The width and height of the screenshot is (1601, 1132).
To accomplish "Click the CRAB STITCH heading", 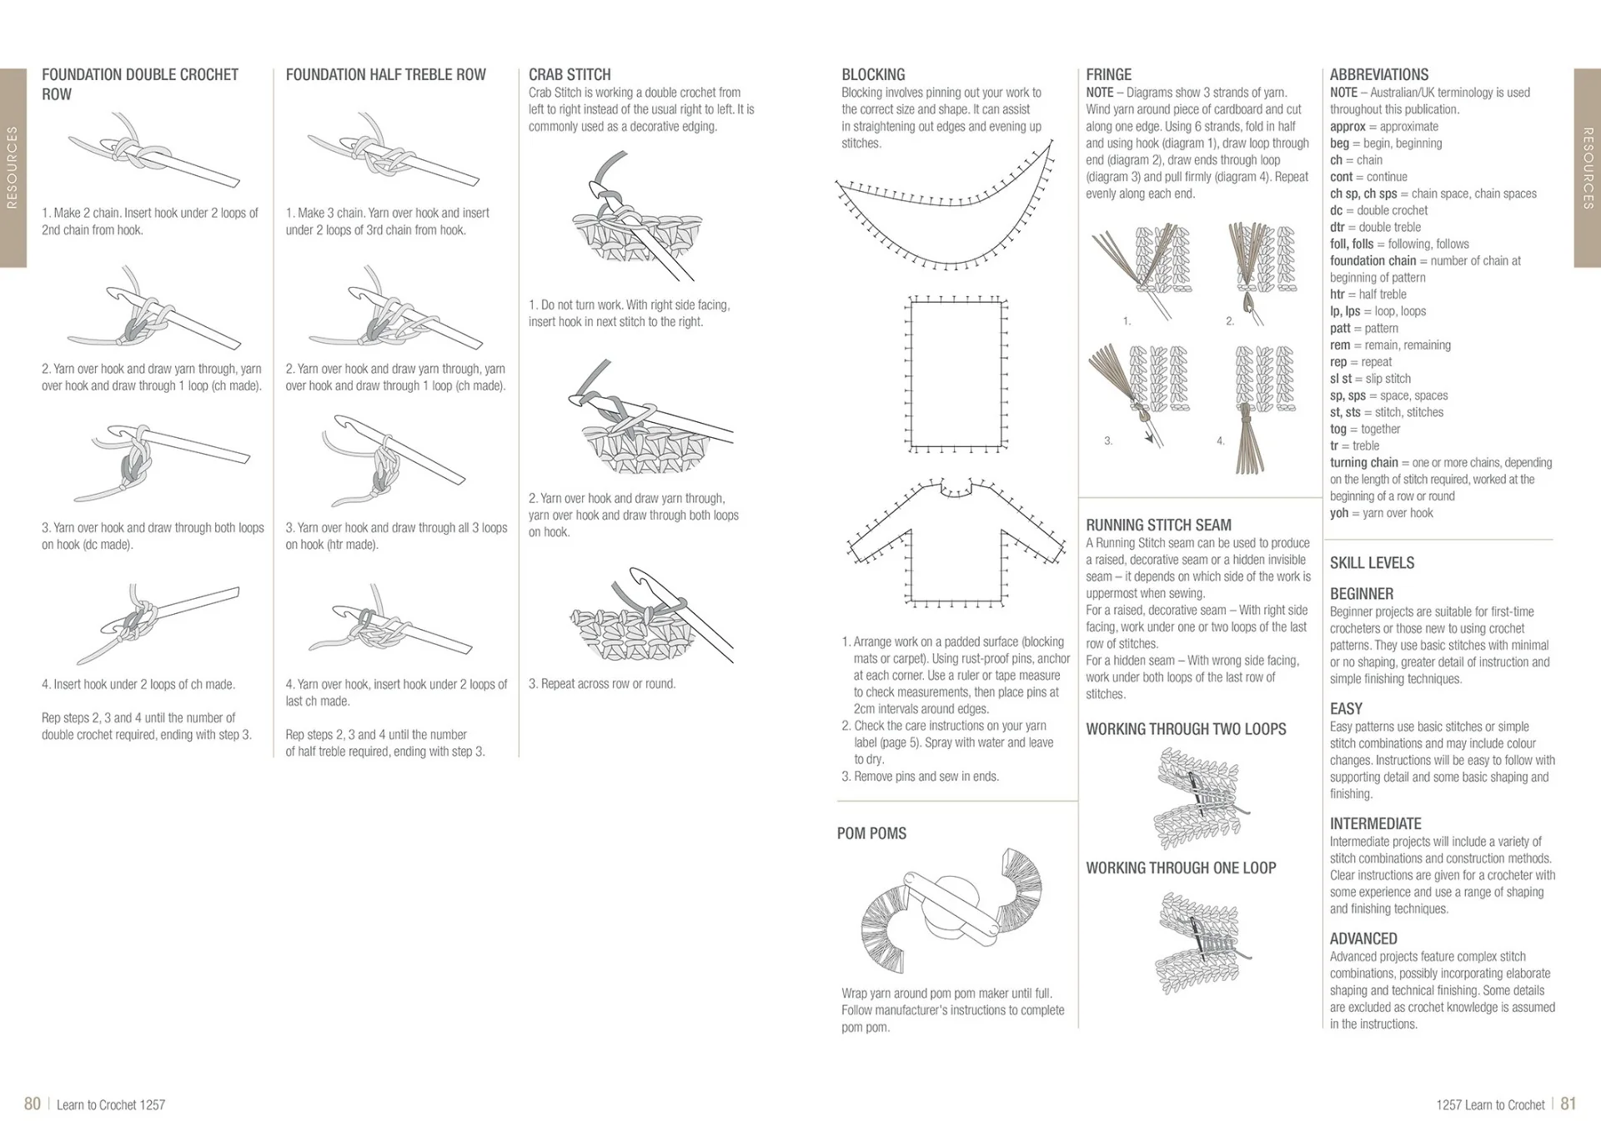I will tap(570, 75).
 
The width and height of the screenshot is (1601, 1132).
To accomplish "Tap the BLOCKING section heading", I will tap(873, 75).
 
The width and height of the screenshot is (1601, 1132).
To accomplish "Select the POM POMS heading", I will tap(871, 833).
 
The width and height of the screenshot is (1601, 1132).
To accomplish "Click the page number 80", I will tap(33, 1104).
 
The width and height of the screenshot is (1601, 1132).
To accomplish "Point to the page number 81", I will tap(1568, 1104).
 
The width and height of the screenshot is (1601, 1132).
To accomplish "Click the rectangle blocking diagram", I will tap(956, 374).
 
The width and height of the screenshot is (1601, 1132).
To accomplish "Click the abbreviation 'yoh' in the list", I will tap(1338, 513).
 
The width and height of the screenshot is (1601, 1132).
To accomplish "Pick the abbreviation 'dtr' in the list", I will tap(1337, 227).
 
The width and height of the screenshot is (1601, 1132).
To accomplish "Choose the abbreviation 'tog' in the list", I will tap(1338, 429).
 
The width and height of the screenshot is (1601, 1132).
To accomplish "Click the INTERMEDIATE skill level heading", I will tap(1375, 824).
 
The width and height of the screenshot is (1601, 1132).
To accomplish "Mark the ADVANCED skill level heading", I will tap(1363, 939).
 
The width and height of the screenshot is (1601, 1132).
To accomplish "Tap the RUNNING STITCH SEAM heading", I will tap(1158, 526).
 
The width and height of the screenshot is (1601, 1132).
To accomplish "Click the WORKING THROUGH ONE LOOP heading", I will tap(1181, 868).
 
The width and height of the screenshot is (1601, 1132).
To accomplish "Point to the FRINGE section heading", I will tap(1108, 75).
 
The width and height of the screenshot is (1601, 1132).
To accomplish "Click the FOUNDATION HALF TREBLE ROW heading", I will tap(385, 75).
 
